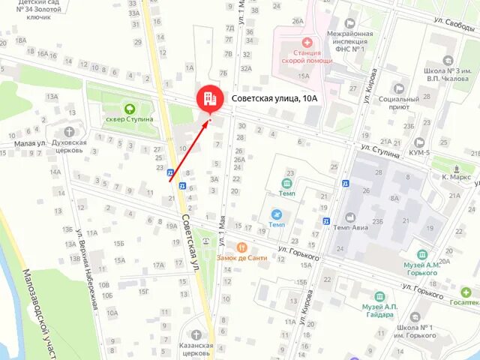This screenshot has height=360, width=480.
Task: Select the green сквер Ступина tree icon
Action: (x=129, y=107)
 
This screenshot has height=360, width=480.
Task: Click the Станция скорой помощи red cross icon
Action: (x=306, y=43)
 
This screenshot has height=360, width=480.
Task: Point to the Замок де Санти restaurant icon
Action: (x=241, y=247)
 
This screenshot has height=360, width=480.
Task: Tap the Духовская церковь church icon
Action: (x=70, y=132)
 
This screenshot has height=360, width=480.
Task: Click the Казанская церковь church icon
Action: (x=196, y=335)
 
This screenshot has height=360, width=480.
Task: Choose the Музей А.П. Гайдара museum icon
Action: (x=388, y=296)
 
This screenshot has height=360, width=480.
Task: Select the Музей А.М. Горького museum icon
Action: (x=423, y=255)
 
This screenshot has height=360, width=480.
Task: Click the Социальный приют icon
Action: (x=398, y=88)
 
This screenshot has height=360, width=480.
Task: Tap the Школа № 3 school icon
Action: (x=448, y=59)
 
